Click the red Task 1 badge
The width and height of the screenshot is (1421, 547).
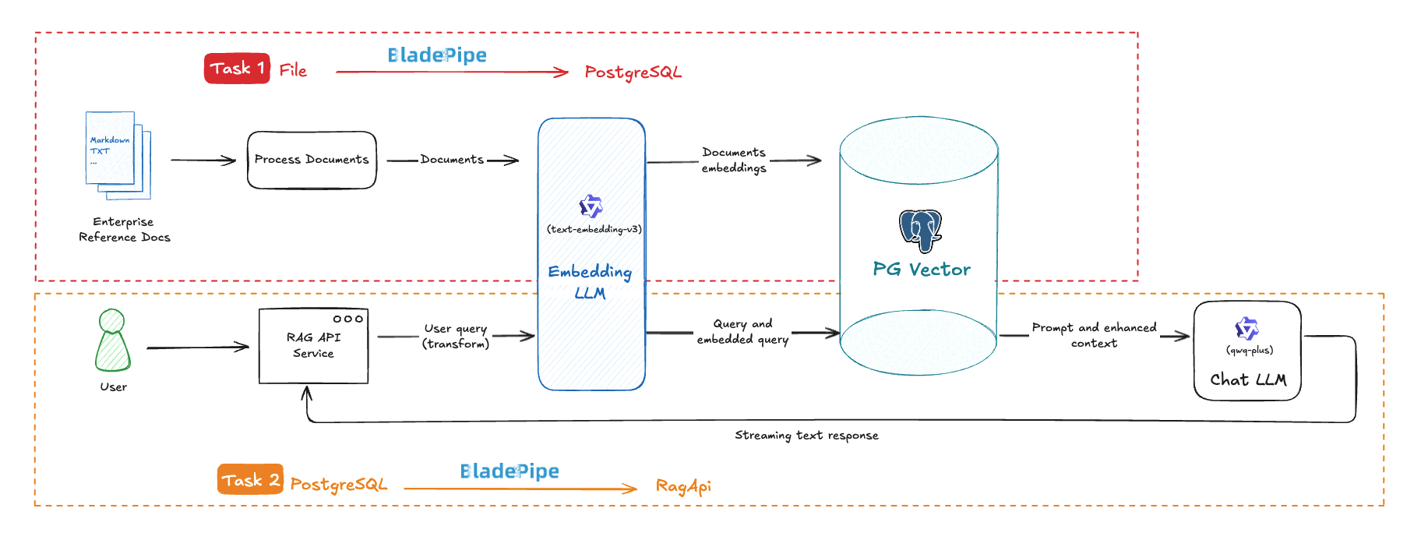(237, 69)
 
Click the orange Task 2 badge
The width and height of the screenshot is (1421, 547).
(250, 479)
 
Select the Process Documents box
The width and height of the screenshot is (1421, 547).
(312, 160)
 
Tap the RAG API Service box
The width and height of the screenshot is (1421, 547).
(313, 346)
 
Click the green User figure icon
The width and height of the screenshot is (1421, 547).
(113, 341)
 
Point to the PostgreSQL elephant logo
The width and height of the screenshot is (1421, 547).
(920, 231)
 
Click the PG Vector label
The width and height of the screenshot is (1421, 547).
(922, 270)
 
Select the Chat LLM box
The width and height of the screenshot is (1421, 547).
(1247, 351)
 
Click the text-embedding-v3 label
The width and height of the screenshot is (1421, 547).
(594, 229)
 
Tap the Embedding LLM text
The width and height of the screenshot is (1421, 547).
(590, 281)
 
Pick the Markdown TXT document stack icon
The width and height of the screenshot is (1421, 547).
(118, 154)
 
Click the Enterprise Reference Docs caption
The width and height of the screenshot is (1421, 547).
(124, 230)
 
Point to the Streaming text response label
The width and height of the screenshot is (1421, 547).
(806, 436)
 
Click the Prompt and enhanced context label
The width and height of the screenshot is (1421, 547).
(1094, 335)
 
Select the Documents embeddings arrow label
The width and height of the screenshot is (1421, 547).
(734, 160)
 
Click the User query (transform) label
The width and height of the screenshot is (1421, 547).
(456, 336)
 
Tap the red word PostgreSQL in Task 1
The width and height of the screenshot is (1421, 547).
(633, 72)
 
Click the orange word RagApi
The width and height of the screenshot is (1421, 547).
(683, 486)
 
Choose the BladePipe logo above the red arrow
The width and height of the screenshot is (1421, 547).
(437, 55)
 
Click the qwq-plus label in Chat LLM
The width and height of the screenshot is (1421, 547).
(1250, 350)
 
